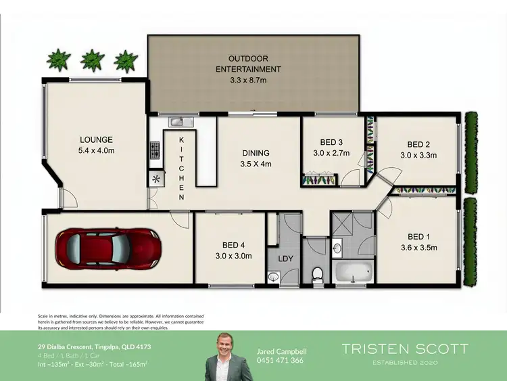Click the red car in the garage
click(107, 246)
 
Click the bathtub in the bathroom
click(353, 273)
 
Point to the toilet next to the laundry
click(316, 273)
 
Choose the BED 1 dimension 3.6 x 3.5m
click(422, 247)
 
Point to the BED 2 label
click(418, 144)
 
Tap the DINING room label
click(256, 153)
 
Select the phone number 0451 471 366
click(281, 361)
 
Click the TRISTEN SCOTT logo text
click(404, 349)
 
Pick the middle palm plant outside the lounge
click(92, 60)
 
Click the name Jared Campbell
click(281, 351)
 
